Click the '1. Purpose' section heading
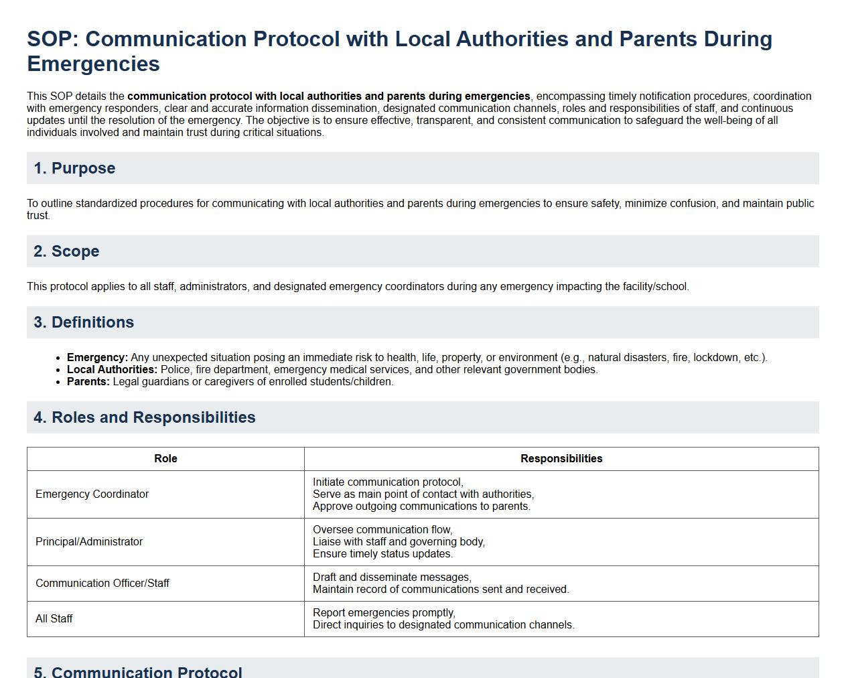pos(74,168)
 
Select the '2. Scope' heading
pos(66,251)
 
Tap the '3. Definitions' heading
pos(84,322)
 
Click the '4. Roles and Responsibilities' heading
pos(145,417)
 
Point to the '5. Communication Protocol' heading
pos(138,672)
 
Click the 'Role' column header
pos(165,459)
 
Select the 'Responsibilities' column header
pos(561,459)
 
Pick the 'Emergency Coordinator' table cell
pos(92,494)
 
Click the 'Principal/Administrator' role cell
pos(89,542)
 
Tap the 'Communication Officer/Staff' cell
pos(102,584)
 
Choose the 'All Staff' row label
pos(54,619)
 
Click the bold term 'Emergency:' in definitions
pos(97,358)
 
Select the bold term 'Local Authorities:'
pos(112,370)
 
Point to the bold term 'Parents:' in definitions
pos(88,382)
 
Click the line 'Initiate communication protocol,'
pos(388,482)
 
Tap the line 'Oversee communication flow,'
pos(382,530)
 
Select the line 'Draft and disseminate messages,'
pos(392,578)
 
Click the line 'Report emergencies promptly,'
pos(384,613)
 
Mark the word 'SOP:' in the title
pos(53,39)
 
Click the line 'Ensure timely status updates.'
pos(382,554)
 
